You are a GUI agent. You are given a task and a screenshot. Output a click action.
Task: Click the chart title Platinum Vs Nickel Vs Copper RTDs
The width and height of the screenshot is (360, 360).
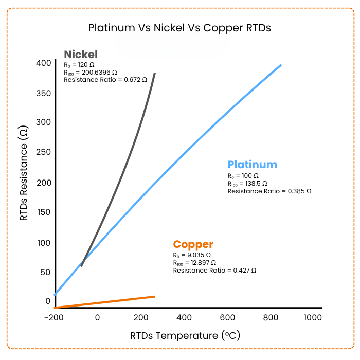point(179,28)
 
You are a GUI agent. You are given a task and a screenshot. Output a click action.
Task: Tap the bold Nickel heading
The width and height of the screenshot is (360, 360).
point(80,55)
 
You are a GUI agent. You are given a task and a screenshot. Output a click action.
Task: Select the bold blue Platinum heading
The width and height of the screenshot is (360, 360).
point(252,165)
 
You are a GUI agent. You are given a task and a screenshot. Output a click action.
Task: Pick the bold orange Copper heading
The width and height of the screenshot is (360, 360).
point(193,244)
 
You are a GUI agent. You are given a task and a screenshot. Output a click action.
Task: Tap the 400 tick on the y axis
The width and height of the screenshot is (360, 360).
point(43,63)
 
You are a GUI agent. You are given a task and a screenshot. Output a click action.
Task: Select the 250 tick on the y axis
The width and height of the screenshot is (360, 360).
point(43,152)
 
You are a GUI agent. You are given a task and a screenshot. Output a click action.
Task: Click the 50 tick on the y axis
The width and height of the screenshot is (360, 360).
point(45,272)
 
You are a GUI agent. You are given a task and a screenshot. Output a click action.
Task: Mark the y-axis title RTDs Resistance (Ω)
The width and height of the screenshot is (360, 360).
point(24,174)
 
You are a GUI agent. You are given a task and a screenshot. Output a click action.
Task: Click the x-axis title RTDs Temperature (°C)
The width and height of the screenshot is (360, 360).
point(185,336)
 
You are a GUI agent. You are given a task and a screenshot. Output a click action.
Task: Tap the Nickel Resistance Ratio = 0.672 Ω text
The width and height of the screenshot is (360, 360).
point(105,80)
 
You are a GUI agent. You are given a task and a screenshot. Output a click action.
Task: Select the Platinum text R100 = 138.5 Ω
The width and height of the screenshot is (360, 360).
point(247,183)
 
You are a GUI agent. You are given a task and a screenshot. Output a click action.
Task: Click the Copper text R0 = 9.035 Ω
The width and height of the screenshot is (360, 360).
point(192,255)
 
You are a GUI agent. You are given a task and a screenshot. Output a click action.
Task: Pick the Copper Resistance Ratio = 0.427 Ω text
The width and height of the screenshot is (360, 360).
point(214,270)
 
